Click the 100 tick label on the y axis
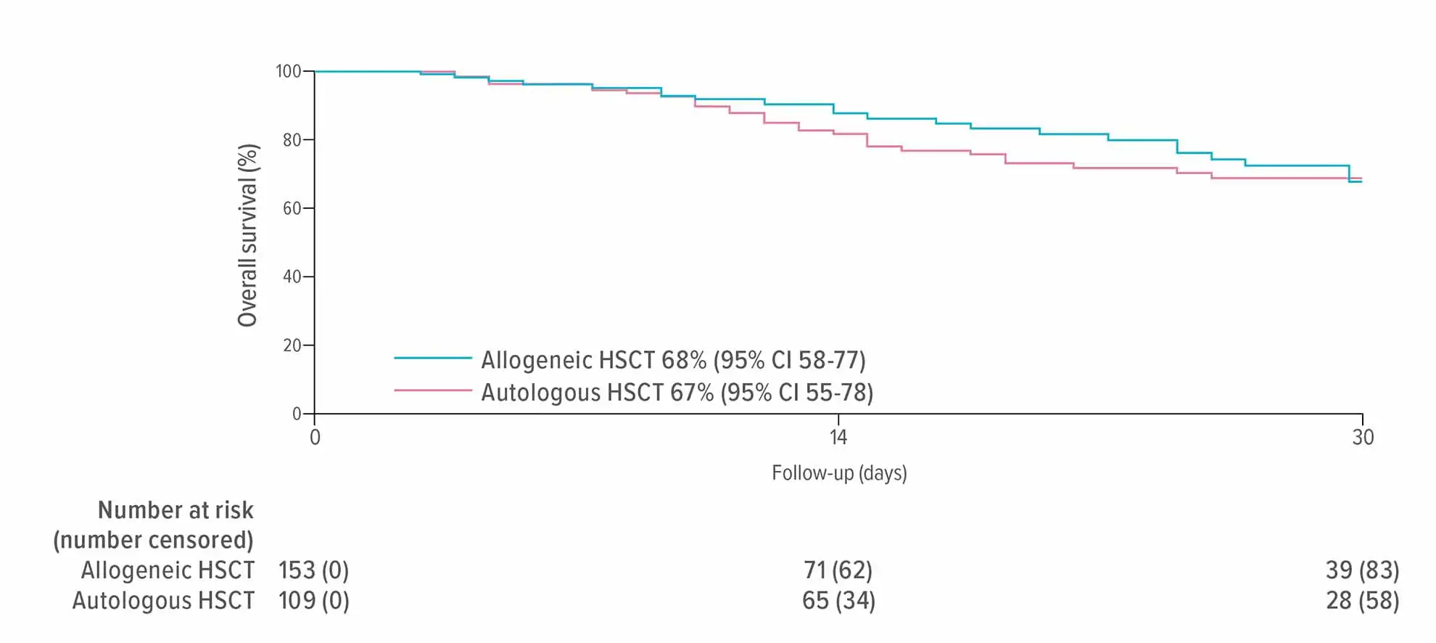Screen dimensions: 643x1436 coord(288,71)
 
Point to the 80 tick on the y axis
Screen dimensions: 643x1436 coord(292,140)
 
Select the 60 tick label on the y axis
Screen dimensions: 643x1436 coord(292,208)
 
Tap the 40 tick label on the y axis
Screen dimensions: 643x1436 coord(292,277)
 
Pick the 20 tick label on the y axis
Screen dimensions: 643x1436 coord(292,345)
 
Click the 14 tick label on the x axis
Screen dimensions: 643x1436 coord(838,437)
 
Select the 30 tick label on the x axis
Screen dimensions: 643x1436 coord(1363,437)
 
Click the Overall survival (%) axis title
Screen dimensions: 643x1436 coord(248,235)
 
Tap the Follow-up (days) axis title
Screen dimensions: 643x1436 coord(839,473)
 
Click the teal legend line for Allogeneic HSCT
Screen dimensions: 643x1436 coord(433,358)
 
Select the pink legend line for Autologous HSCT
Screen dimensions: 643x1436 coord(433,390)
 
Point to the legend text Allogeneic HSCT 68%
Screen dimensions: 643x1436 coord(673,360)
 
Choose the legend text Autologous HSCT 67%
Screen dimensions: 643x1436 coord(677,393)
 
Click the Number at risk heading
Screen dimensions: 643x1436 coord(176,510)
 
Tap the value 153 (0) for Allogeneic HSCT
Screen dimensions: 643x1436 coord(313,570)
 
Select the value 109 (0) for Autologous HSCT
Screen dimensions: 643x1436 coord(313,601)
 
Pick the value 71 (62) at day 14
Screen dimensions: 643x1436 coord(838,570)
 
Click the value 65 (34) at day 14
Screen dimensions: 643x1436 coord(838,601)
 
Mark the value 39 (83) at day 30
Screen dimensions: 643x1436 coord(1362,570)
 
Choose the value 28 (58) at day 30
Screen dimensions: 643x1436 coord(1362,601)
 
